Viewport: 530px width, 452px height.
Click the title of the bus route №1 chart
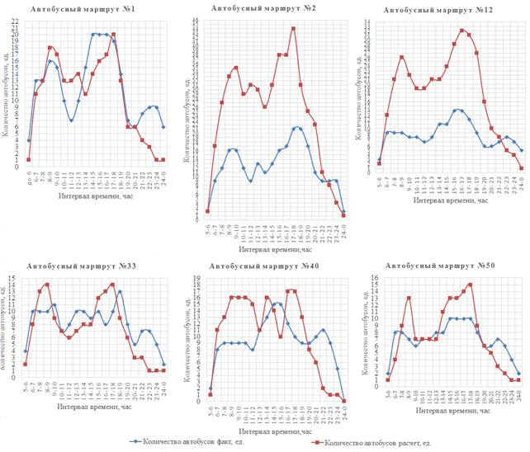tap(84, 9)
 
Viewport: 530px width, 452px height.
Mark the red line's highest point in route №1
tap(113, 35)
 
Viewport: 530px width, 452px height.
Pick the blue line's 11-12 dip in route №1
tap(72, 120)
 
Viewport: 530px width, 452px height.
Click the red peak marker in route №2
tap(293, 29)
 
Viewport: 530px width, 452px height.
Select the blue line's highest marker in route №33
tap(120, 291)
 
